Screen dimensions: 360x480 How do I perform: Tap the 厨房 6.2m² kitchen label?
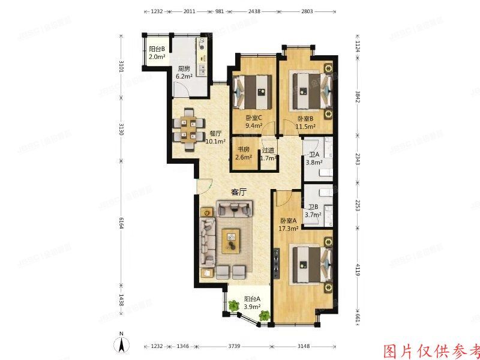click(x=184, y=73)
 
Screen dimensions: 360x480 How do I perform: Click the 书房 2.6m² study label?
click(x=243, y=154)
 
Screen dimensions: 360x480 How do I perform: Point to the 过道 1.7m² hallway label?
click(x=269, y=154)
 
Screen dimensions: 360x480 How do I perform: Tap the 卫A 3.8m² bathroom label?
click(x=314, y=158)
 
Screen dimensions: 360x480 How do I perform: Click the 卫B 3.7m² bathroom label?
click(x=314, y=210)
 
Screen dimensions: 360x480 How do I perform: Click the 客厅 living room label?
click(x=239, y=193)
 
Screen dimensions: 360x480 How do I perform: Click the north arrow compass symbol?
click(x=121, y=344)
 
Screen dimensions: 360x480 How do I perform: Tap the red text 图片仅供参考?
click(x=431, y=350)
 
